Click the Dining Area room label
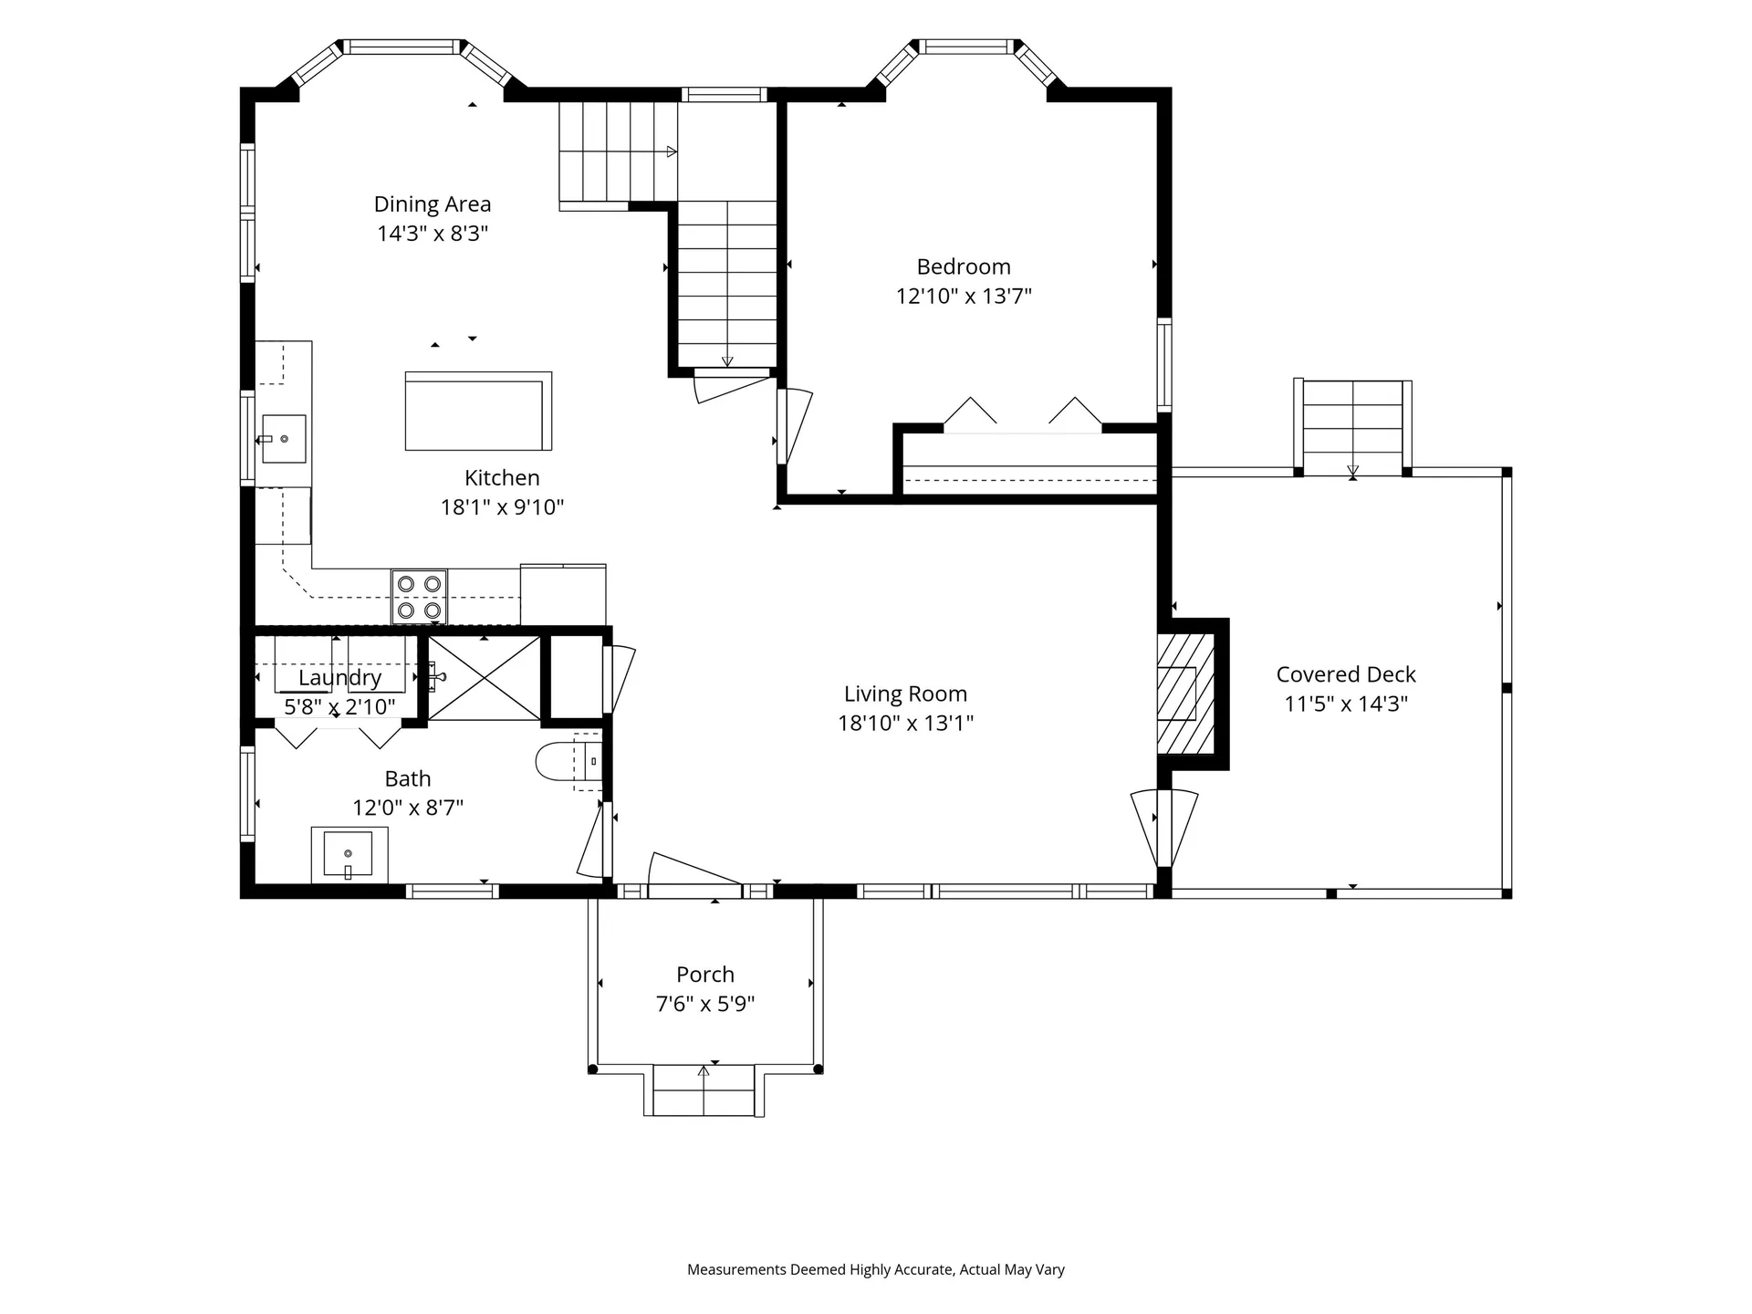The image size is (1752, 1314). (433, 204)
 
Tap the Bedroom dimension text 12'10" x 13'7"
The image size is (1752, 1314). (964, 296)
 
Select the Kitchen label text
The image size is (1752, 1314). (502, 478)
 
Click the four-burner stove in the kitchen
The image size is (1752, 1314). (420, 597)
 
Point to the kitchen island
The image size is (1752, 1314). (478, 411)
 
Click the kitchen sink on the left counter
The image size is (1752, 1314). (284, 439)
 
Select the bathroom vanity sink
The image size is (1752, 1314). (349, 855)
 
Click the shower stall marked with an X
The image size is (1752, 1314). (485, 678)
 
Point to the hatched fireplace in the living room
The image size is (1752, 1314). (1186, 693)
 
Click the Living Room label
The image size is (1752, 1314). (905, 694)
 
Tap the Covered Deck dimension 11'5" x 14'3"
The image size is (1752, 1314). (1346, 704)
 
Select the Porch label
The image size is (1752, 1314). (705, 975)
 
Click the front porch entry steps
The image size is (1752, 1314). (704, 1090)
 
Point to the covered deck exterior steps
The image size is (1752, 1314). (1353, 427)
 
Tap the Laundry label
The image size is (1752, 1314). (339, 678)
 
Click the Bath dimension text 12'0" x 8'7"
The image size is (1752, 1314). (408, 808)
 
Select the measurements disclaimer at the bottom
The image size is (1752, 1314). (876, 1269)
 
